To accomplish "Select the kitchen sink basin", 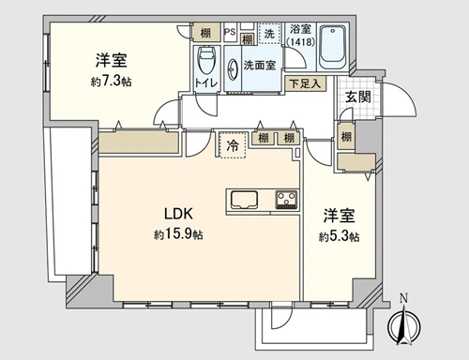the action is pos(244,200).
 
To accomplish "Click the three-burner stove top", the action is pos(286,200).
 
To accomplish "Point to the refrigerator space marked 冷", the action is pos(232,145).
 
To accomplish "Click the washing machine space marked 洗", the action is pos(269,34).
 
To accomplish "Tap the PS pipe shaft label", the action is pos(230,32).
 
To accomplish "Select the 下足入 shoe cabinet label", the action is pos(305,83).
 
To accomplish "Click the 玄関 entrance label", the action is pos(358,97).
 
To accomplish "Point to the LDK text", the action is pos(178,214).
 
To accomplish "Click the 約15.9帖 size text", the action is pos(178,234).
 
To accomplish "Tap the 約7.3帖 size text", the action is pos(111,82).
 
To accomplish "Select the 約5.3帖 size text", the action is pos(339,237).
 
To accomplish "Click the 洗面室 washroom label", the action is pos(260,66).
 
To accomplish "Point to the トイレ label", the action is pos(205,83).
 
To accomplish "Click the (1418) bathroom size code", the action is pos(300,41).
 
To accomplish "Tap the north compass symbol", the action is pos(404,325).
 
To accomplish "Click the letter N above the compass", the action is pos(404,299).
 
